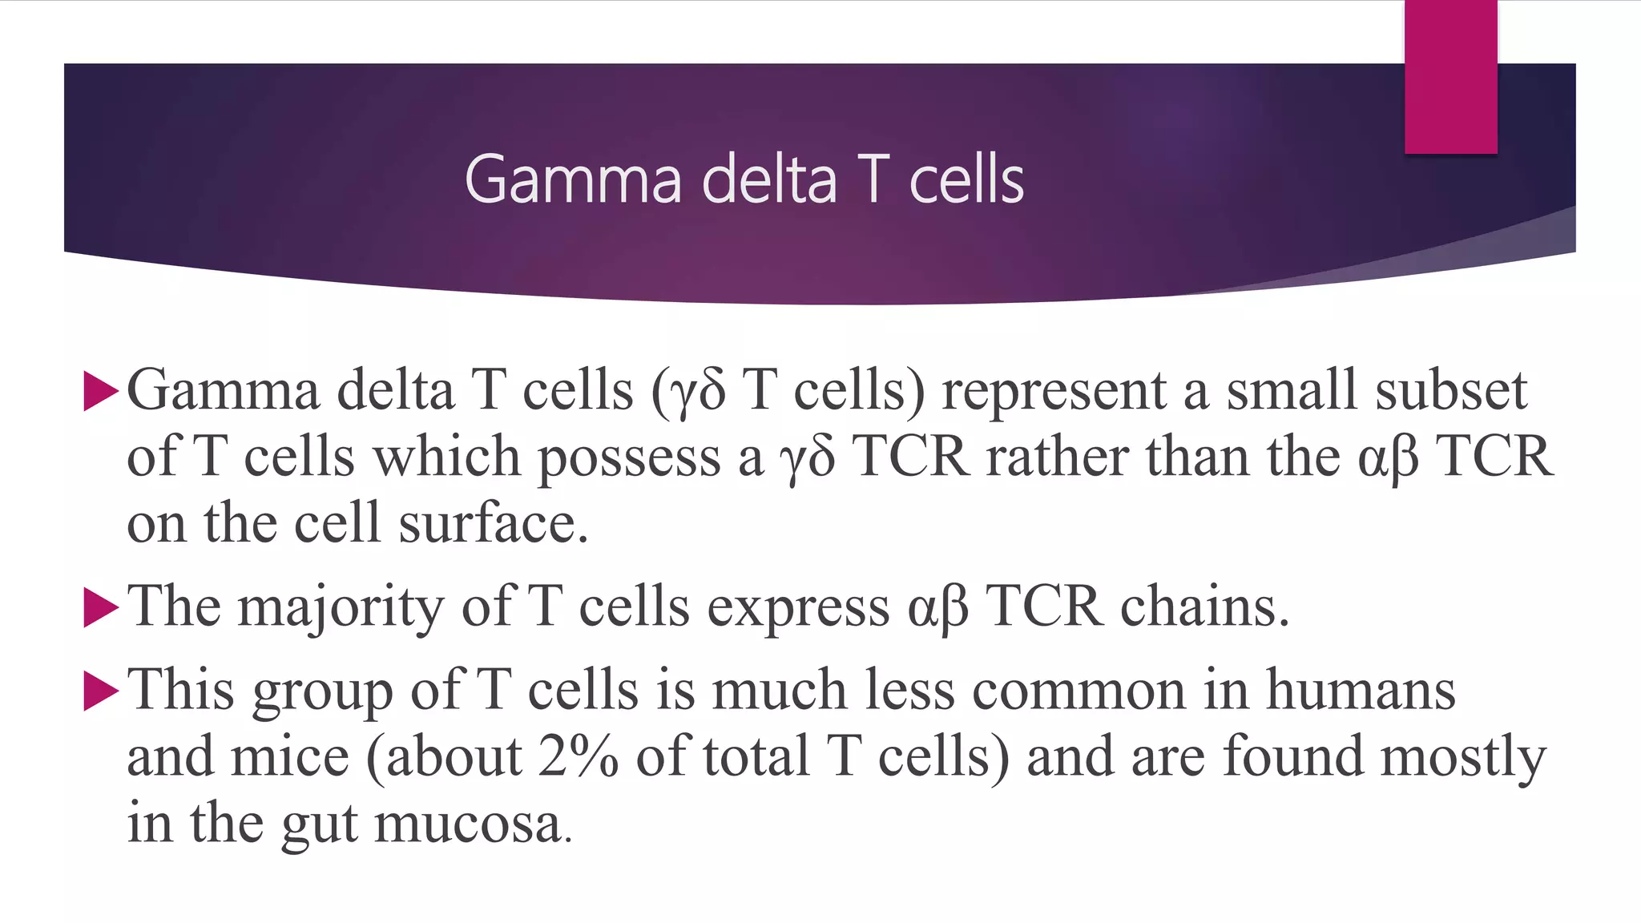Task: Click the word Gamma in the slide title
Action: (x=572, y=179)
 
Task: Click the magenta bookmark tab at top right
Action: (x=1450, y=77)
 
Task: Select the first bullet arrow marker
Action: (x=100, y=392)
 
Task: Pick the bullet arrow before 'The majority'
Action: (x=100, y=607)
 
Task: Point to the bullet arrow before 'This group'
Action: (x=100, y=691)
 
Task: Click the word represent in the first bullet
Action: (x=1053, y=392)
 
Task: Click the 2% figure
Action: (x=578, y=757)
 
